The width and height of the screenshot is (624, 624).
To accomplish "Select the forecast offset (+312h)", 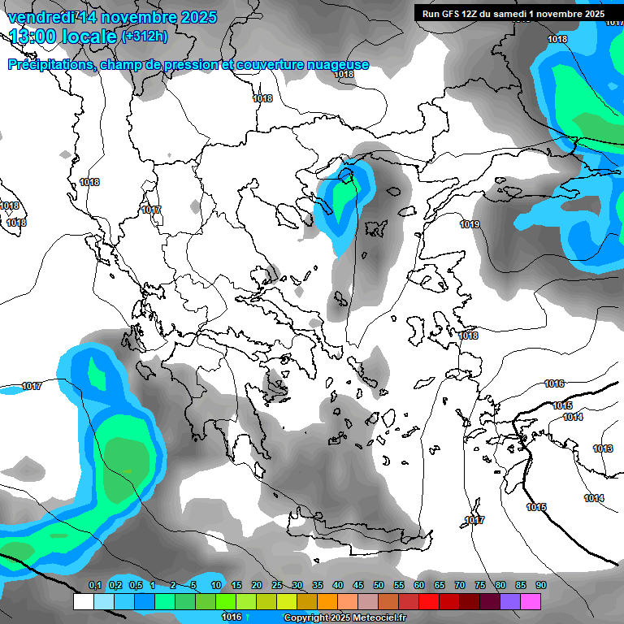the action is (145, 37).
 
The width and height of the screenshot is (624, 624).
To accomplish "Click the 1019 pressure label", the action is (470, 224).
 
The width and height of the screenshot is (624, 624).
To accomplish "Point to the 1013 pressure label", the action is (603, 448).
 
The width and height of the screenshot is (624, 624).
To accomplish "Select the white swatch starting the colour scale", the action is (83, 602).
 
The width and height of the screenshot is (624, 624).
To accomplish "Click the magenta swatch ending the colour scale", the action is (531, 602).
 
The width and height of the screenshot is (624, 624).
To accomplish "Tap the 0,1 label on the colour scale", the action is (94, 586).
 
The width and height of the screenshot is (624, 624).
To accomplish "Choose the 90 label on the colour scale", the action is (541, 586).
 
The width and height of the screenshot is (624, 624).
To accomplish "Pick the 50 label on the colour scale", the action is (379, 586).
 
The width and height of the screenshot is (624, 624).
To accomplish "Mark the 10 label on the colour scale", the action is (216, 586).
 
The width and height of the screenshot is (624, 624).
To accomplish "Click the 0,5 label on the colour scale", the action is (135, 586).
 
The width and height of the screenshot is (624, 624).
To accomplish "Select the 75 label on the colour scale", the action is (480, 586).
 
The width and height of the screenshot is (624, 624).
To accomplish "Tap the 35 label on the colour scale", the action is (318, 586).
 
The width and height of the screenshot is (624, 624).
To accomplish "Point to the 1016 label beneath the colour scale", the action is (232, 617).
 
